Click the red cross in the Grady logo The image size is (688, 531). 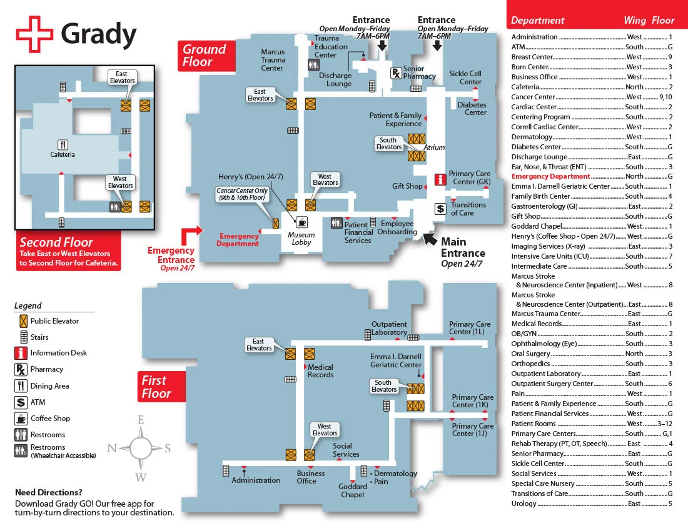pyautogui.click(x=34, y=34)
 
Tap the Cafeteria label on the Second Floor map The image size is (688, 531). pyautogui.click(x=63, y=154)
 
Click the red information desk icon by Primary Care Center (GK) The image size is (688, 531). pyautogui.click(x=440, y=179)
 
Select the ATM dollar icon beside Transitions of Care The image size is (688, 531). pyautogui.click(x=440, y=209)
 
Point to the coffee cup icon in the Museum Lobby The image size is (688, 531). pyautogui.click(x=301, y=222)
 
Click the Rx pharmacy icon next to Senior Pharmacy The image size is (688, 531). pyautogui.click(x=396, y=73)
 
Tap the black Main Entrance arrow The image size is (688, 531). pyautogui.click(x=430, y=238)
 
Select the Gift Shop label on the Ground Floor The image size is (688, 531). pyautogui.click(x=407, y=186)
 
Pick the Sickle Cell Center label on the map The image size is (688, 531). pyautogui.click(x=465, y=77)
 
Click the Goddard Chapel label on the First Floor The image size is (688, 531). pyautogui.click(x=353, y=490)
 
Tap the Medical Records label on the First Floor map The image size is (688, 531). pyautogui.click(x=321, y=371)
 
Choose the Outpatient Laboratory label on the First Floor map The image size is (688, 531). pyautogui.click(x=389, y=328)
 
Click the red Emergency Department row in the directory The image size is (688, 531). pyautogui.click(x=550, y=176)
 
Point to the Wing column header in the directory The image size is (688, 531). pyautogui.click(x=635, y=21)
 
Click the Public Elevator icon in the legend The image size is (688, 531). pyautogui.click(x=22, y=321)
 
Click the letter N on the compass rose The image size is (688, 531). pyautogui.click(x=113, y=447)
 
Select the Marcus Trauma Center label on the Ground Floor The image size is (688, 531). pyautogui.click(x=273, y=60)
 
